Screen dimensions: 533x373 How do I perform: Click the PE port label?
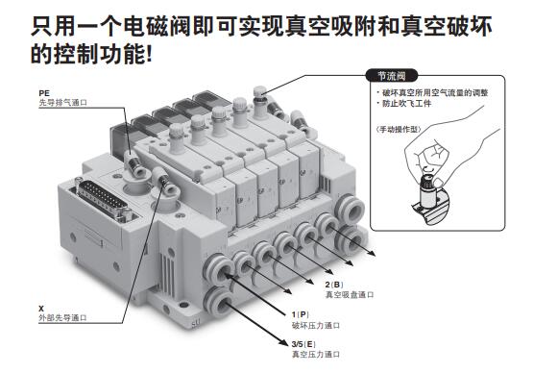[x=44, y=93]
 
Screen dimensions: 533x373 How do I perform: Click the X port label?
[x=41, y=309]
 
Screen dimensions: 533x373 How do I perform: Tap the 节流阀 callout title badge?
[x=392, y=76]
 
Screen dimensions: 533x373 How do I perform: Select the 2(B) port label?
[x=334, y=285]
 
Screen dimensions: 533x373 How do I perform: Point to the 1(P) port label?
[x=301, y=314]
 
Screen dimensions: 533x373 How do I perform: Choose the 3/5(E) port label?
[x=303, y=344]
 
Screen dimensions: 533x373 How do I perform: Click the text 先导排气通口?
[x=63, y=103]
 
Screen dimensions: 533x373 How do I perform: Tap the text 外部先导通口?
[x=62, y=318]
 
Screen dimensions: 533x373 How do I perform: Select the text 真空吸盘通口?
[x=350, y=295]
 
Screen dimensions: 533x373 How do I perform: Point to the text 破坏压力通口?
[x=316, y=325]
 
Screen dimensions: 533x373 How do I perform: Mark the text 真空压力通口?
[x=316, y=355]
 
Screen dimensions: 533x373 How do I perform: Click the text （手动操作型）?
[x=399, y=130]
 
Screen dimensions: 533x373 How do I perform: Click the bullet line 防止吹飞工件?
[x=403, y=104]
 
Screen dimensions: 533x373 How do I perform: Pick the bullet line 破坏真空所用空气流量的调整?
[x=432, y=92]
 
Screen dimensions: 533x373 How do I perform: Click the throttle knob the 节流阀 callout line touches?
[x=260, y=99]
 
